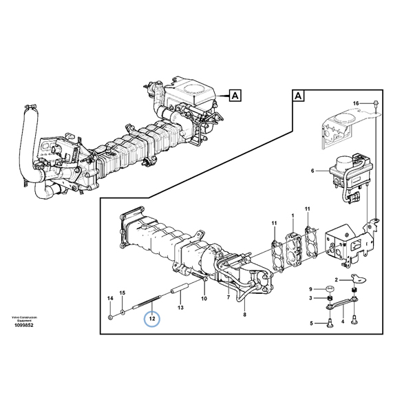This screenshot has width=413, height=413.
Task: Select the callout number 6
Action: pos(312,170)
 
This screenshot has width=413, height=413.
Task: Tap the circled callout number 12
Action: pos(151,319)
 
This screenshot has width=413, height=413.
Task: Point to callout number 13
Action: pos(181,310)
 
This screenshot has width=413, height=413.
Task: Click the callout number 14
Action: pos(109,297)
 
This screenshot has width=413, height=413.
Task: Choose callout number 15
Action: pos(123,293)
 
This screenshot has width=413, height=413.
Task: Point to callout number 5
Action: pos(311,323)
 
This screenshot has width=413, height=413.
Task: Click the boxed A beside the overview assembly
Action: pos(234,95)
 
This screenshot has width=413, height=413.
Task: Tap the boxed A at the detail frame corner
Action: pos(298,96)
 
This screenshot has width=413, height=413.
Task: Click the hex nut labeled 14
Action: pos(111,317)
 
